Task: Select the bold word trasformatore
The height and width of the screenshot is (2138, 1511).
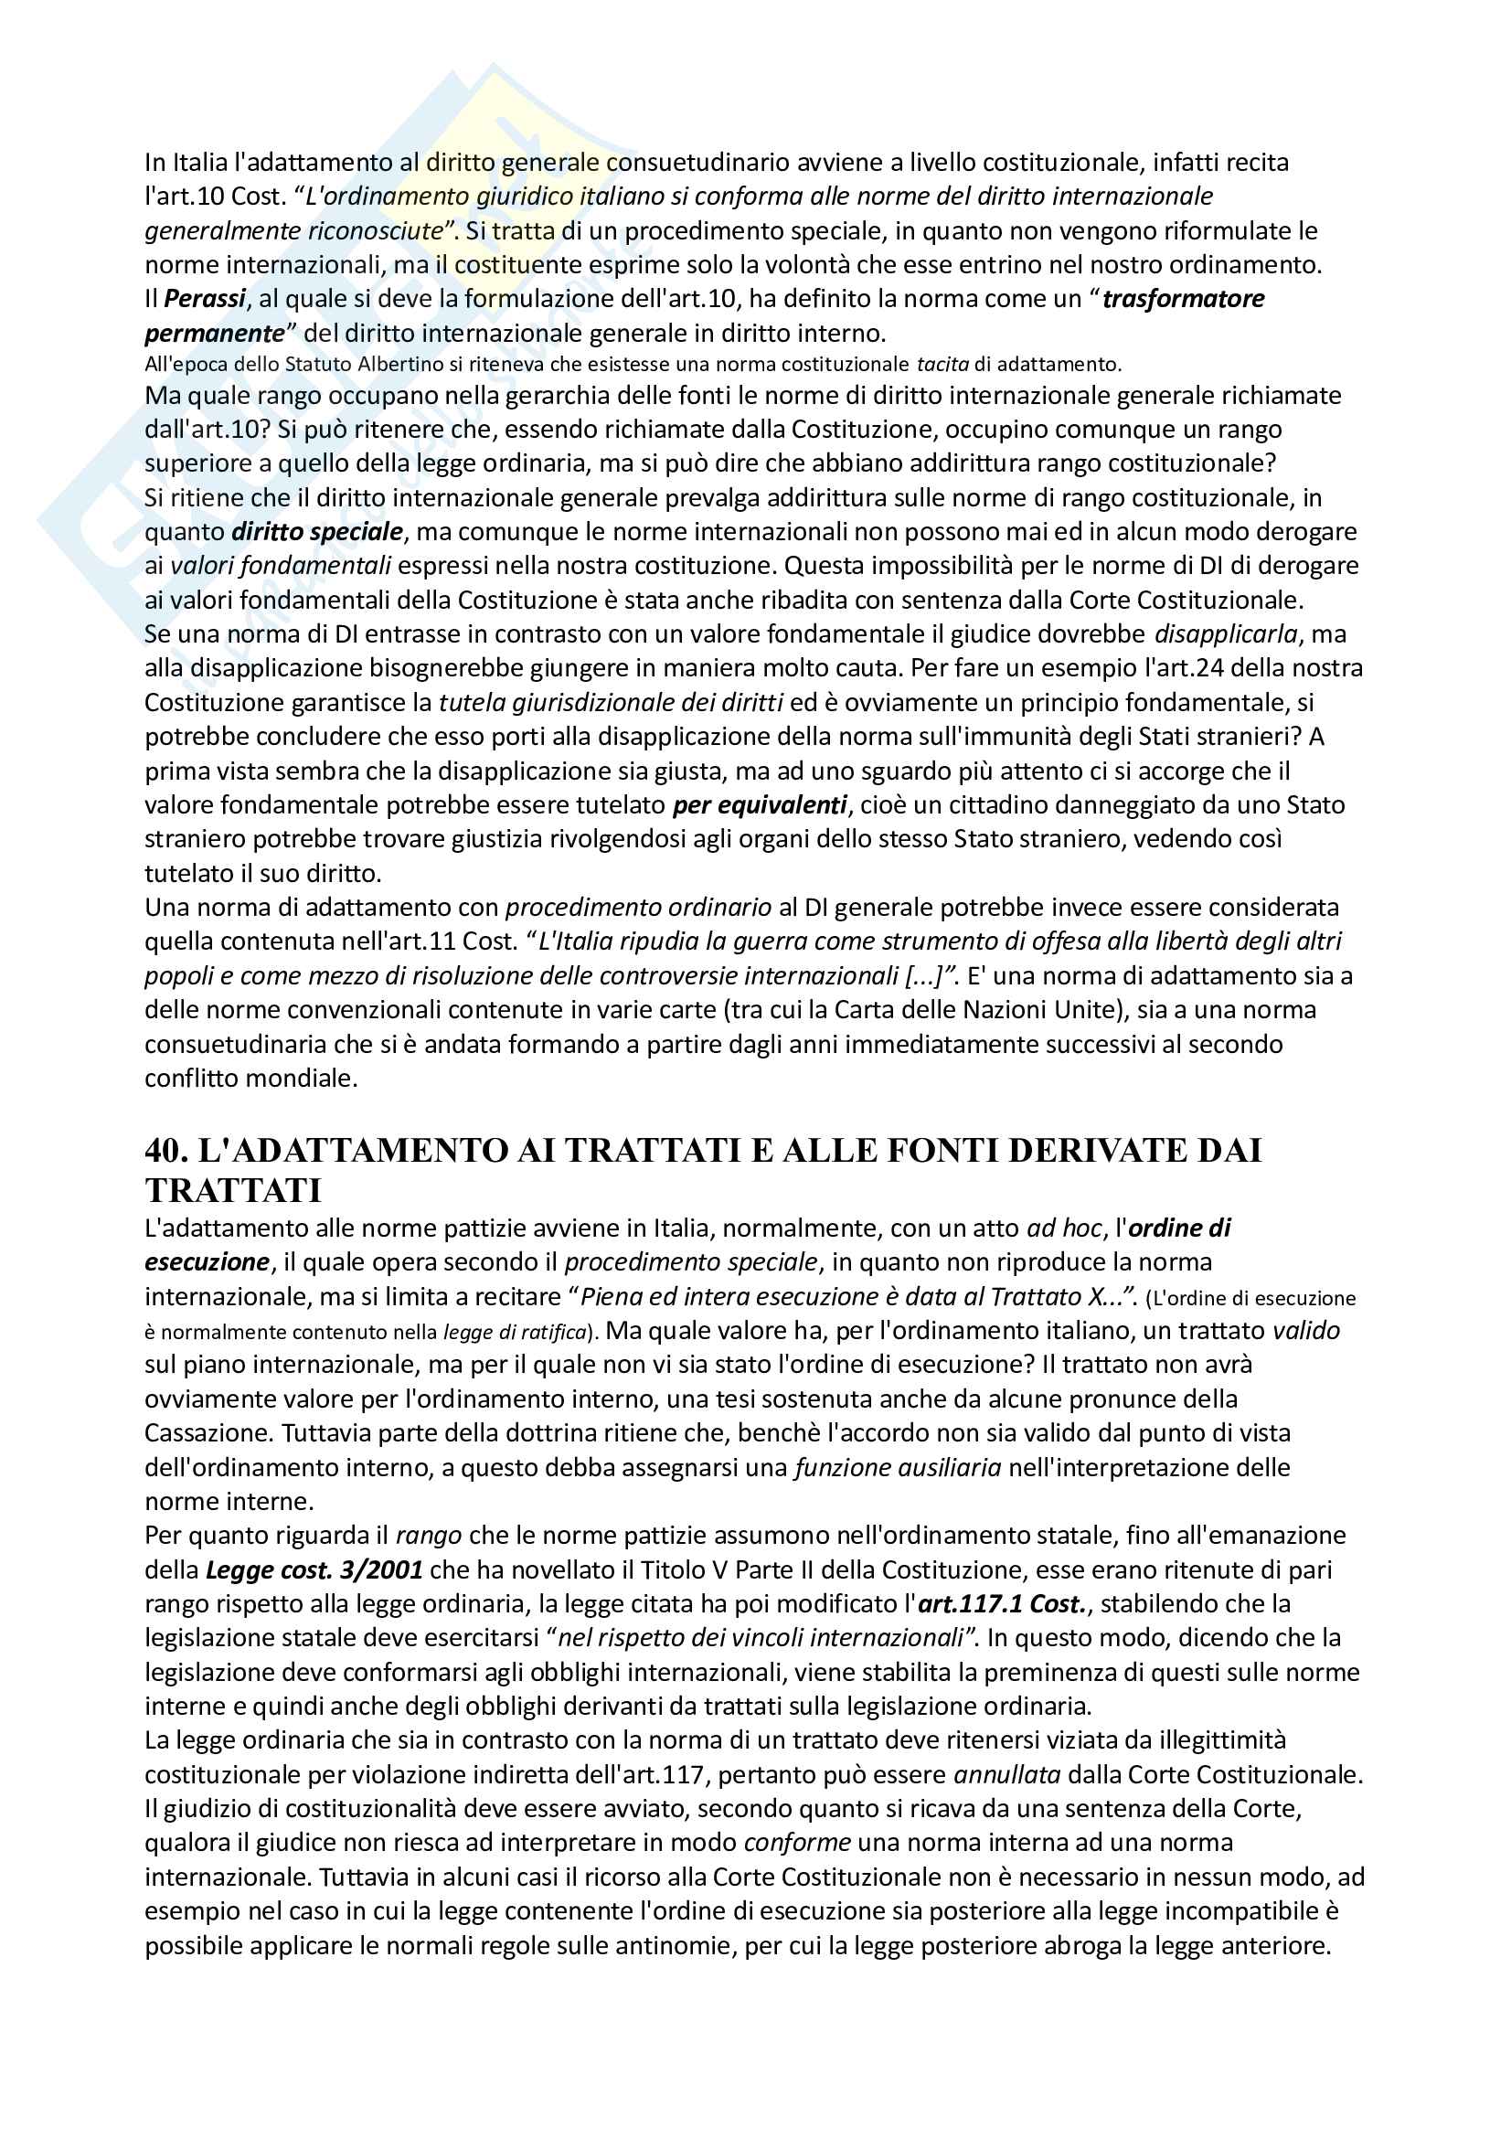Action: [1183, 299]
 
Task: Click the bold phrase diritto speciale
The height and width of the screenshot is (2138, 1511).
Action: [317, 532]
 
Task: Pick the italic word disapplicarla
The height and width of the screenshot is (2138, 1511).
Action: [1225, 634]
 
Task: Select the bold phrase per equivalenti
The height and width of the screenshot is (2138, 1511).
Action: [760, 804]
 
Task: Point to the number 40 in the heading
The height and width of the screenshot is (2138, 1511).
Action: [166, 1150]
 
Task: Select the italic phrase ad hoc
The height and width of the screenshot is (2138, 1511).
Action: [1064, 1229]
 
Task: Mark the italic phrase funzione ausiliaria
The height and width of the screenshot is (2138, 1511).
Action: [898, 1468]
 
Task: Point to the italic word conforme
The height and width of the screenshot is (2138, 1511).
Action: [797, 1843]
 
